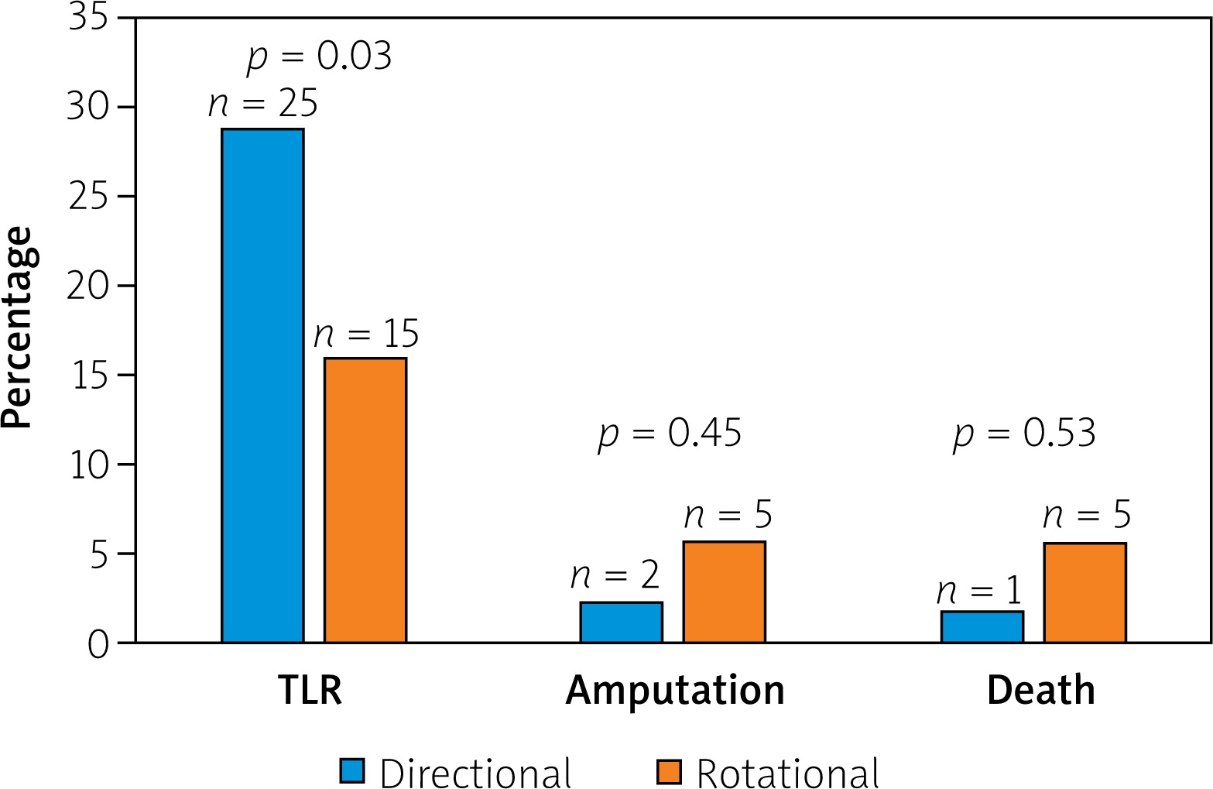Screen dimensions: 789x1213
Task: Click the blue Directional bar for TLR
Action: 262,386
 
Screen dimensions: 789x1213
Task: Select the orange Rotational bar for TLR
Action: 365,500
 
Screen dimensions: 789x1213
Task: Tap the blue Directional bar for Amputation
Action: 621,623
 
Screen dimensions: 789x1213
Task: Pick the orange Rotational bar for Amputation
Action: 724,592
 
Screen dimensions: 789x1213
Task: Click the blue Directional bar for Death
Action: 982,627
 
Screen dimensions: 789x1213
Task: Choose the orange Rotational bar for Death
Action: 1085,593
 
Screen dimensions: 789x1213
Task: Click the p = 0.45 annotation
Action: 670,434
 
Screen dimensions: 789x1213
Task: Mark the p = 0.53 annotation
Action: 1024,434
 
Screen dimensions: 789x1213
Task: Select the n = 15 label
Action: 366,334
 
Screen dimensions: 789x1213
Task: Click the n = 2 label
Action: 615,575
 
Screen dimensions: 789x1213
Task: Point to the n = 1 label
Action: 979,592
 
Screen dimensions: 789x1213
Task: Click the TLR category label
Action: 310,690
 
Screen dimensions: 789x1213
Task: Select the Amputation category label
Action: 675,690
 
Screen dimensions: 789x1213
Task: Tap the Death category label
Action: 1041,690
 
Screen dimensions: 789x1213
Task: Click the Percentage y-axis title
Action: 17,328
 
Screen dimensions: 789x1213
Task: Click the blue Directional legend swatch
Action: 351,771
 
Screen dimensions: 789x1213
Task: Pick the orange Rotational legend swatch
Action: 669,771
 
